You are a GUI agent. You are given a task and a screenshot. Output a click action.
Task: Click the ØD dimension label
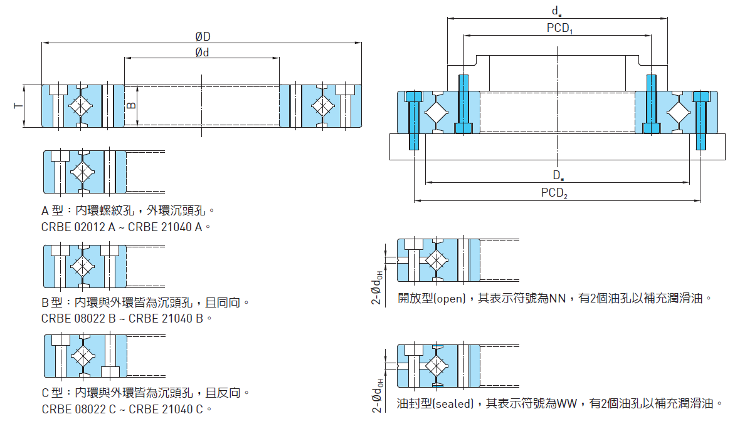click(x=202, y=37)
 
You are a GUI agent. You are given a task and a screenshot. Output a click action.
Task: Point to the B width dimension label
click(x=131, y=105)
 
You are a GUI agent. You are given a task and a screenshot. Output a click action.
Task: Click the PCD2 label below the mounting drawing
click(x=554, y=193)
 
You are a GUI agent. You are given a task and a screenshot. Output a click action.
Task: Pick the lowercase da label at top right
click(x=556, y=11)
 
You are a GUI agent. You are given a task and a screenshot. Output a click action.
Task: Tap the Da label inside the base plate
click(x=558, y=175)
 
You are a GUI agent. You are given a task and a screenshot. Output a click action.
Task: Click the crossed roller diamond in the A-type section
click(x=82, y=172)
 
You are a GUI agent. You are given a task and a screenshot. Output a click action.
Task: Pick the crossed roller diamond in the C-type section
click(x=82, y=356)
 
